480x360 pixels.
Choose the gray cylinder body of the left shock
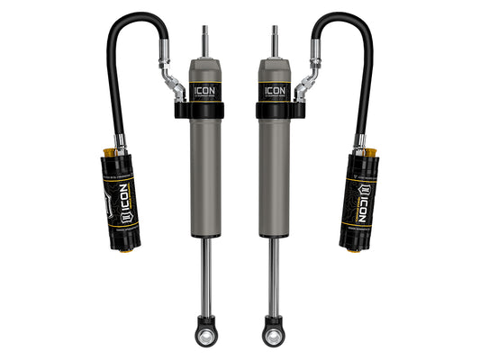click(x=206, y=180)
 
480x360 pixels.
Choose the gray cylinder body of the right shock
click(x=273, y=180)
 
